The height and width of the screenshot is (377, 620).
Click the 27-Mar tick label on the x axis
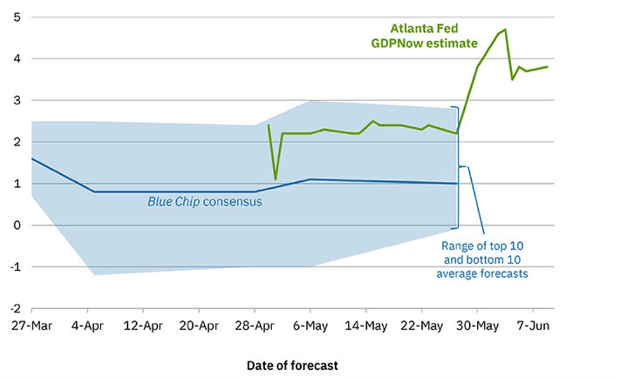pos(31,326)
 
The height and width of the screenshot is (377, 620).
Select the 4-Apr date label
pos(87,326)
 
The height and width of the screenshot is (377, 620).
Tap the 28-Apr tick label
pos(254,326)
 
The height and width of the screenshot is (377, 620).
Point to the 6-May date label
pos(310,326)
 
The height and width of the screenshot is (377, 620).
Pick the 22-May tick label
pos(422,326)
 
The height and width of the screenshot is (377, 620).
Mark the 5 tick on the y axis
pos(17,17)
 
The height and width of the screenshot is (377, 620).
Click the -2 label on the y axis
pos(16,308)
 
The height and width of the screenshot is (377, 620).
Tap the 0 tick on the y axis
pos(17,225)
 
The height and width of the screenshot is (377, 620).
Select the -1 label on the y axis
pos(16,267)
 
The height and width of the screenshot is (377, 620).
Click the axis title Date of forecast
pos(292,366)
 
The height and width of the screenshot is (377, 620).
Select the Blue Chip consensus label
pos(205,202)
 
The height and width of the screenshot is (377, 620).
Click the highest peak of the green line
pos(505,29)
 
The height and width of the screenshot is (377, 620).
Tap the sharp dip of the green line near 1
pos(275,179)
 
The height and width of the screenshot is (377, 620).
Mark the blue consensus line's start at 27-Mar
pos(32,158)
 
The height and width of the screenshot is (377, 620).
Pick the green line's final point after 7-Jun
pos(548,67)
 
